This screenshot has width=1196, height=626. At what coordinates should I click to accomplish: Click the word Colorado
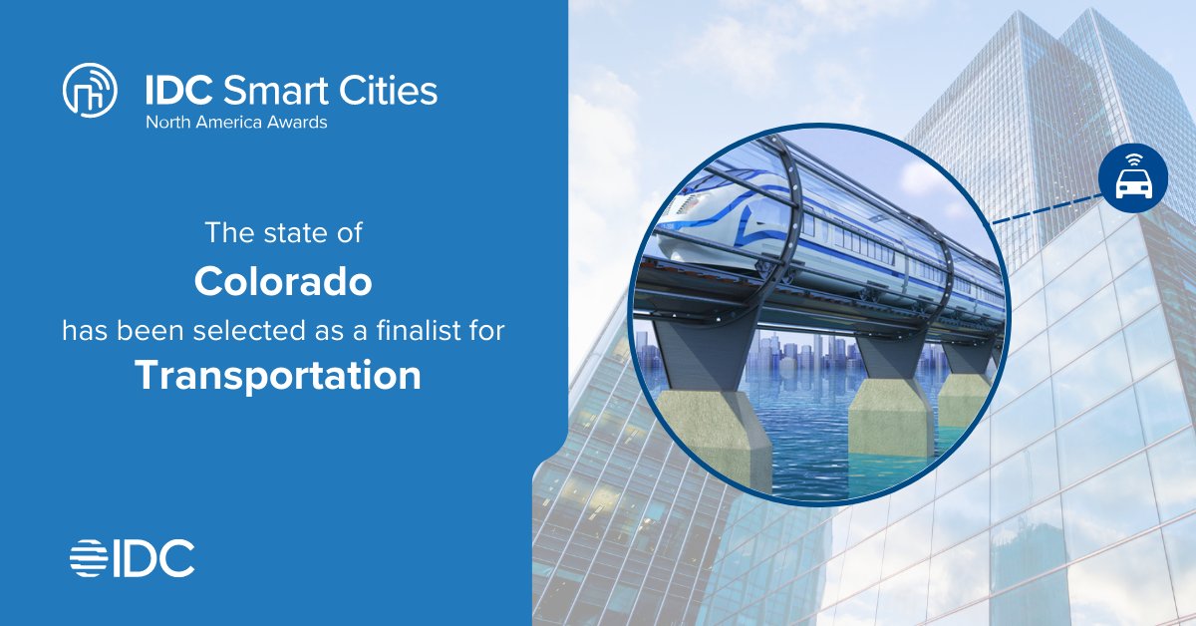(283, 282)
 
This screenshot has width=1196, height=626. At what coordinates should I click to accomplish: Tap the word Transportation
(278, 375)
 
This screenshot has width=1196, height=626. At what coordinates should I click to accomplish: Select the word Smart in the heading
(263, 92)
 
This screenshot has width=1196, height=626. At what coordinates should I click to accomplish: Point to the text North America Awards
(236, 124)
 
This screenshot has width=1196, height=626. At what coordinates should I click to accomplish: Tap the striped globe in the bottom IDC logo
(88, 558)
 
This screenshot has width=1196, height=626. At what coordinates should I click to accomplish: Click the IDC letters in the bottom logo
(151, 558)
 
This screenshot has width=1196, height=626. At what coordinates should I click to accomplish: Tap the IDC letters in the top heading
(177, 92)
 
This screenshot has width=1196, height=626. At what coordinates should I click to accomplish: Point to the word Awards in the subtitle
(296, 124)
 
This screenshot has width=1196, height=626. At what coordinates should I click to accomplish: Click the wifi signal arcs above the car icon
(1133, 159)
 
